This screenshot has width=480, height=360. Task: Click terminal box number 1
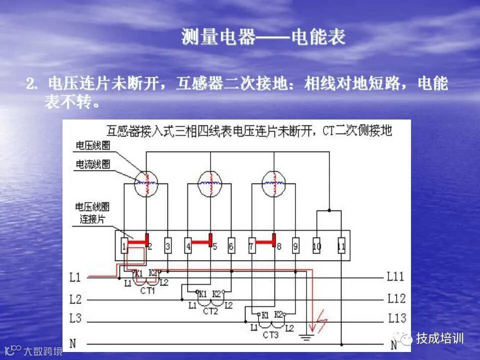click(x=124, y=246)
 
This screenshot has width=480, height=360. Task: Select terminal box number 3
click(x=168, y=246)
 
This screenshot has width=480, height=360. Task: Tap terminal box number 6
click(x=231, y=246)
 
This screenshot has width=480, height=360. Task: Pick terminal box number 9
click(x=296, y=246)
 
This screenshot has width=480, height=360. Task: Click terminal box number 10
click(x=317, y=246)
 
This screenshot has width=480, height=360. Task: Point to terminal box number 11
click(x=341, y=246)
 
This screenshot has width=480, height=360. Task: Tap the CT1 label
click(x=147, y=290)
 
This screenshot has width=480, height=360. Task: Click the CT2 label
click(x=210, y=311)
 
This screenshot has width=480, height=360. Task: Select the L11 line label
click(x=396, y=276)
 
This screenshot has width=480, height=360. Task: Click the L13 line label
click(x=397, y=317)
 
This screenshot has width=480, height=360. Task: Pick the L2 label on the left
click(x=75, y=299)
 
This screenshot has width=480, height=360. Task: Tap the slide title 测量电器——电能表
click(x=263, y=37)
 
